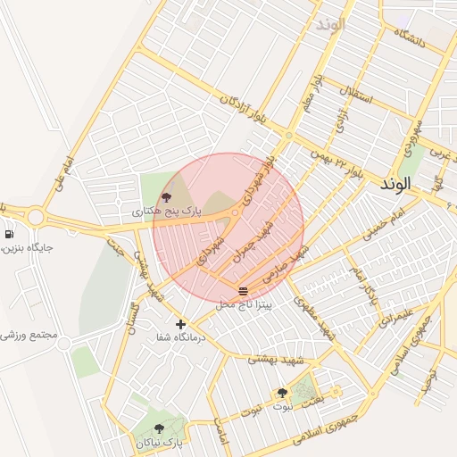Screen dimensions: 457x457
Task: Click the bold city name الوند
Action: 394,184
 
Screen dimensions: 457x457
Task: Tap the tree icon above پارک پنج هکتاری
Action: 166,197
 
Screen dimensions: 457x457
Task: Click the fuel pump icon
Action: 9,234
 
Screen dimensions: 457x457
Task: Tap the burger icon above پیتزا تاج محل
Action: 244,291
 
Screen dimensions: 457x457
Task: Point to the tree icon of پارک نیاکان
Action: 159,429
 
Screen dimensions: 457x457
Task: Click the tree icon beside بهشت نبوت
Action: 282,393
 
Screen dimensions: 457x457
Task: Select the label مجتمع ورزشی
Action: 29,337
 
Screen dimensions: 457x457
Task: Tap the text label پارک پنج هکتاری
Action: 168,212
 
